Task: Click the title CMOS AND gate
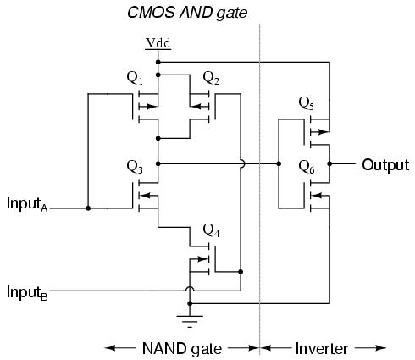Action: click(x=187, y=13)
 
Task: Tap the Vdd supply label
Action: click(x=158, y=43)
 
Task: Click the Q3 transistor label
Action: click(x=135, y=167)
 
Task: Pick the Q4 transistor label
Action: click(x=211, y=230)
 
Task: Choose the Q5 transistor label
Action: click(x=307, y=103)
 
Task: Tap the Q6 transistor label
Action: click(x=307, y=167)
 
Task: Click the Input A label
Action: click(x=27, y=204)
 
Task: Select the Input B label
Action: click(x=27, y=292)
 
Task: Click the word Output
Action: click(x=385, y=165)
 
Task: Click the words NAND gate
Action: click(x=182, y=349)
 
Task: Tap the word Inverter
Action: click(x=322, y=349)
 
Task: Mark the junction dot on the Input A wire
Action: click(x=88, y=208)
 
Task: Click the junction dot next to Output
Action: click(x=329, y=163)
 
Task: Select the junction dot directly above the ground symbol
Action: click(x=190, y=303)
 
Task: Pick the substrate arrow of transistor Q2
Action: click(x=199, y=107)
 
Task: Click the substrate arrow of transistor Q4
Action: click(x=199, y=258)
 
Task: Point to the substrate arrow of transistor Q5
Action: click(x=320, y=131)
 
